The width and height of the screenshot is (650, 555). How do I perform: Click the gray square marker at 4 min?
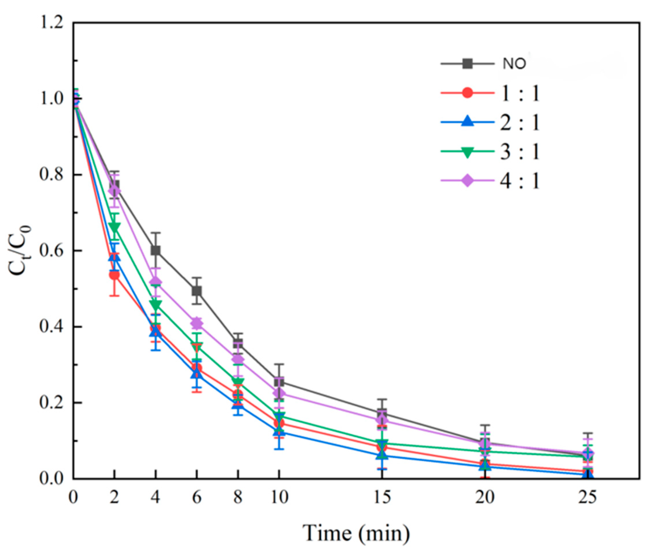click(x=155, y=250)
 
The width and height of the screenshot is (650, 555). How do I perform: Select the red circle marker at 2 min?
click(x=114, y=275)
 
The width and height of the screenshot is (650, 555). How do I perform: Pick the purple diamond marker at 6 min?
click(x=197, y=323)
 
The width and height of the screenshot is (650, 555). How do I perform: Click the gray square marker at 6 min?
click(x=197, y=291)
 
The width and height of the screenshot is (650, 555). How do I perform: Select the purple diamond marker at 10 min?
click(x=279, y=393)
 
